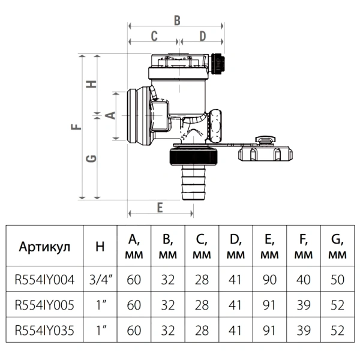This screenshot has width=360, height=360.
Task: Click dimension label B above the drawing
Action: [x=177, y=20]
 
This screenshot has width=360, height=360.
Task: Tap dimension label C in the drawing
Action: [x=154, y=36]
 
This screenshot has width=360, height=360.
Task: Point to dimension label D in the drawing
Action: [x=203, y=36]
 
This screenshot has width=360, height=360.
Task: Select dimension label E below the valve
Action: [x=160, y=208]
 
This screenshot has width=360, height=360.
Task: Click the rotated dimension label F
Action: [x=76, y=127]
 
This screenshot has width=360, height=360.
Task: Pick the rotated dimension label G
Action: [x=91, y=158]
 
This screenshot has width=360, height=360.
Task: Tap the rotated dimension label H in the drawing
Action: [x=91, y=84]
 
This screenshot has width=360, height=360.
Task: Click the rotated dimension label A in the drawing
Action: [x=110, y=115]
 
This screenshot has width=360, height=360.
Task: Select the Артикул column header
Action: [x=44, y=247]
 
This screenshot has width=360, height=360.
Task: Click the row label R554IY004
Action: [x=44, y=280]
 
